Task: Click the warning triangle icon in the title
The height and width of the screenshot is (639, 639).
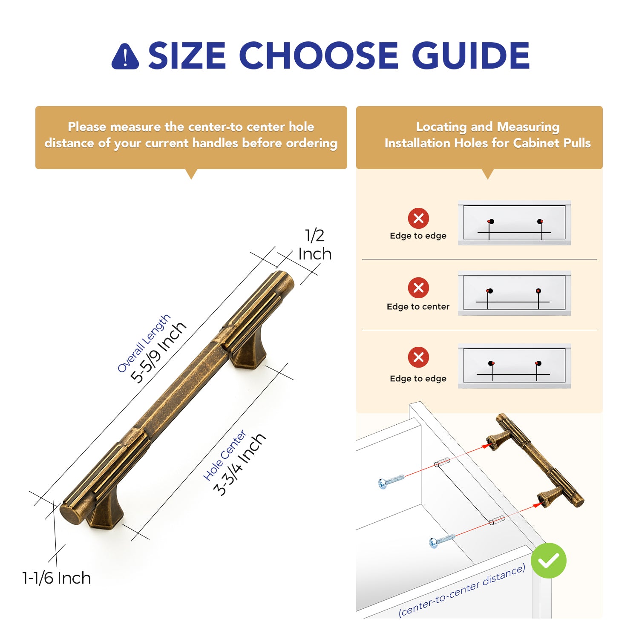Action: pyautogui.click(x=125, y=57)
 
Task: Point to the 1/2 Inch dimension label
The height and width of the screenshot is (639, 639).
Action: pyautogui.click(x=315, y=245)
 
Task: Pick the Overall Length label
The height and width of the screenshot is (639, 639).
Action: pyautogui.click(x=144, y=343)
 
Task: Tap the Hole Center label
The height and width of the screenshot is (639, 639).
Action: pyautogui.click(x=225, y=455)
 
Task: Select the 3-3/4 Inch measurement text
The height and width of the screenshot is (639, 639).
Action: pyautogui.click(x=239, y=464)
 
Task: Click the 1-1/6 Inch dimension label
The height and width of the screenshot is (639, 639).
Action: pyautogui.click(x=57, y=578)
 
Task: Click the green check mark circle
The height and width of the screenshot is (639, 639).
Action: pyautogui.click(x=548, y=561)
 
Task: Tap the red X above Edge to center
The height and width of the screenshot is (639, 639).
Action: pyautogui.click(x=418, y=288)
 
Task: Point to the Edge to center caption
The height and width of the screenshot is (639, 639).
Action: pyautogui.click(x=418, y=306)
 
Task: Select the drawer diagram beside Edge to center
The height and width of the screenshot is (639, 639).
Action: pyautogui.click(x=514, y=293)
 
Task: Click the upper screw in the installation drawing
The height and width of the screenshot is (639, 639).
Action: pyautogui.click(x=391, y=481)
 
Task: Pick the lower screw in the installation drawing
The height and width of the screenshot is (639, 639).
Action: pyautogui.click(x=442, y=541)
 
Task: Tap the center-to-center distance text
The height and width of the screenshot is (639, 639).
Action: pyautogui.click(x=462, y=590)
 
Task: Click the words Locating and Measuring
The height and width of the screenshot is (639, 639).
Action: pyautogui.click(x=488, y=127)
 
